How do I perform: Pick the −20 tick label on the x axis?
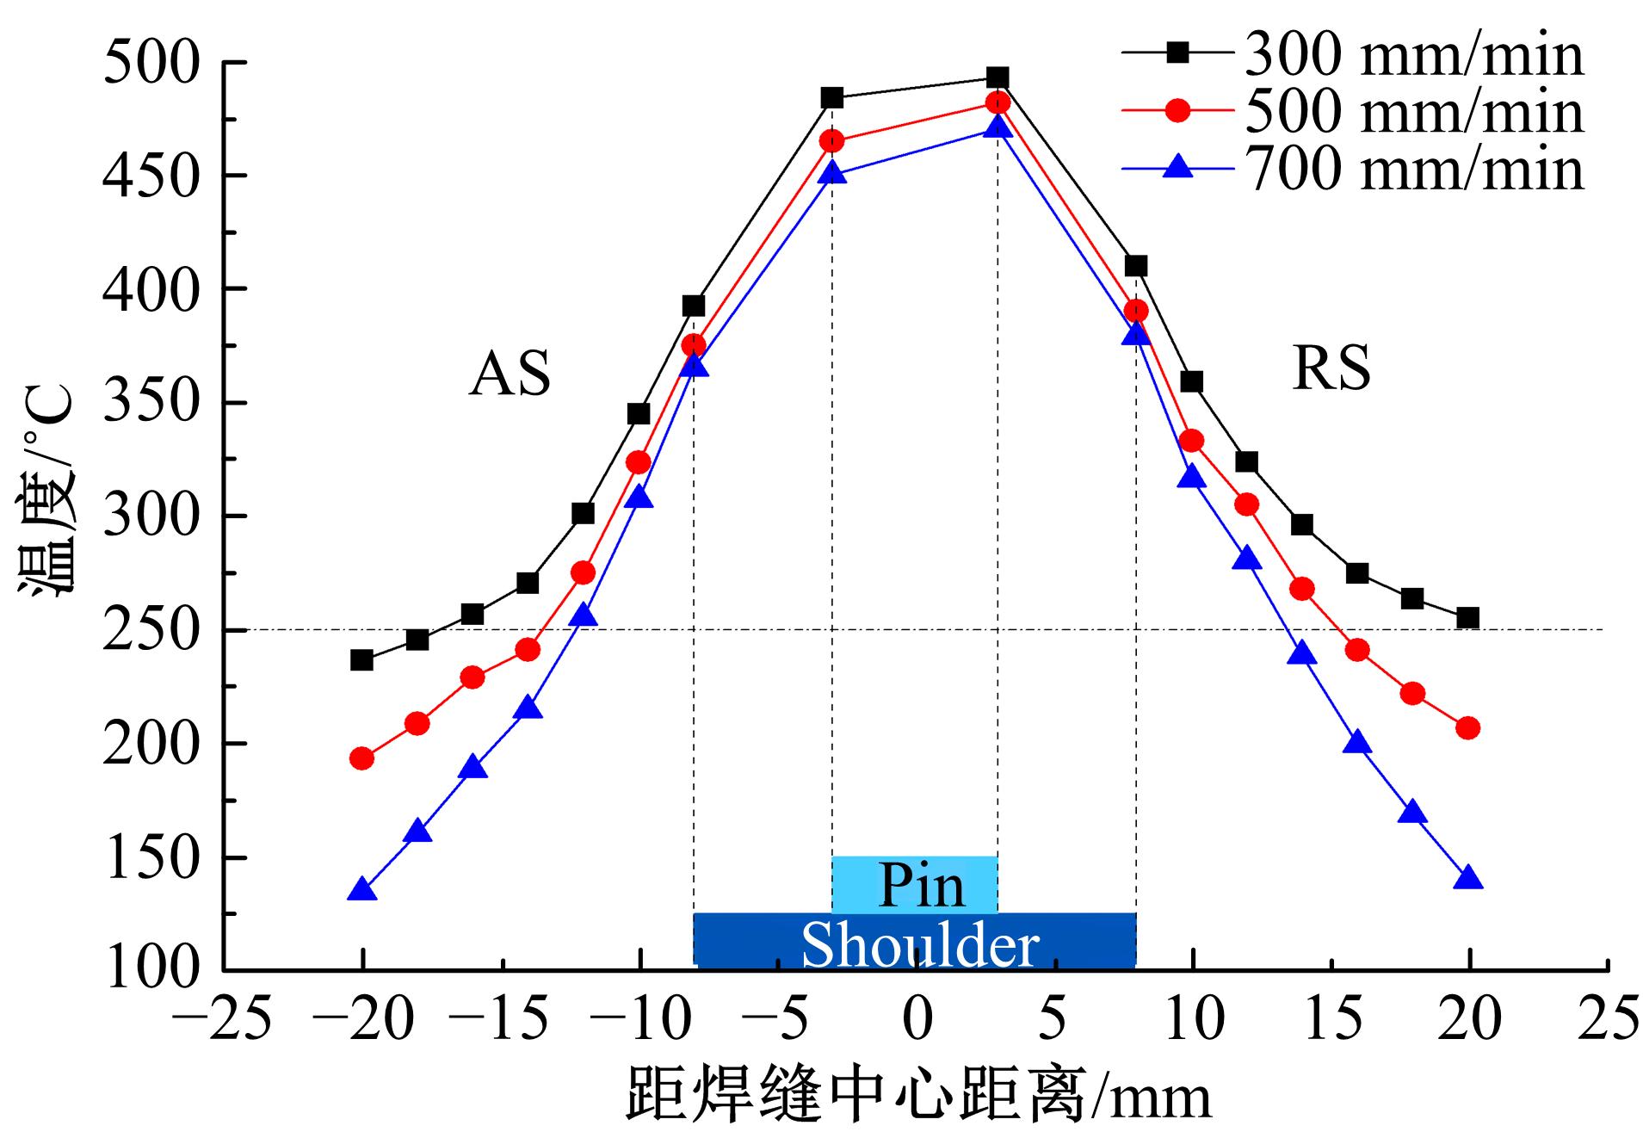point(361,1019)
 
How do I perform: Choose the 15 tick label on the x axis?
point(1331,1019)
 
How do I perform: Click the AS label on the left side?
point(510,374)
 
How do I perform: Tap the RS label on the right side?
point(1331,368)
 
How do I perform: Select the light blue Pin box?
point(915,884)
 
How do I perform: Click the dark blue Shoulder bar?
point(915,941)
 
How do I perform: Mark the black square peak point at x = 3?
point(998,78)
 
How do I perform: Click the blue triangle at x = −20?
point(362,890)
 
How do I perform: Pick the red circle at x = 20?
point(1468,728)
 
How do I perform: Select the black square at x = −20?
point(362,660)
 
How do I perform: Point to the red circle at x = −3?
point(831,141)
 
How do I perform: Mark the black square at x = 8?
point(1136,266)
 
